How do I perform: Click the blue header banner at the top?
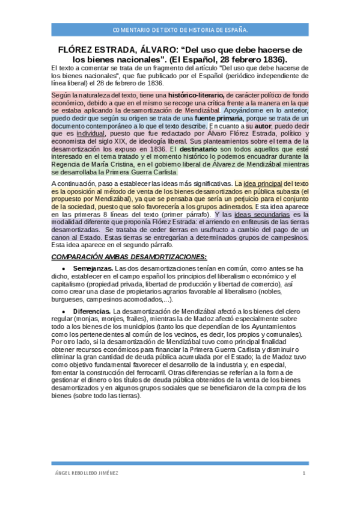pos(180,29)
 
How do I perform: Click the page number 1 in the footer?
pos(304,473)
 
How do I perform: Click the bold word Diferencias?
pos(92,310)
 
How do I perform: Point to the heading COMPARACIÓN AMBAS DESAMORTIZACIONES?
pos(129,257)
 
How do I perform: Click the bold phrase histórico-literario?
pos(195,94)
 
